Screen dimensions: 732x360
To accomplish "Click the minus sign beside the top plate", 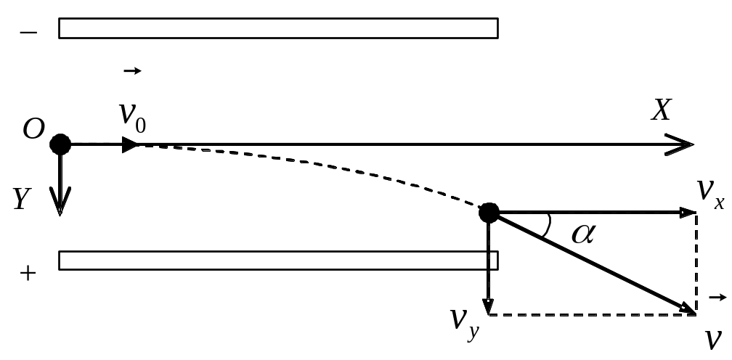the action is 28,33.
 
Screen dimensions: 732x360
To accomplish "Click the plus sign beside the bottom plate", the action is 28,273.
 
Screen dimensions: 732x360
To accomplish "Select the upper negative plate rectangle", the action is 278,28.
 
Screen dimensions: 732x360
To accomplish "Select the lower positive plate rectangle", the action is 278,261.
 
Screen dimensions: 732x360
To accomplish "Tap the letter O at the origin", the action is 33,128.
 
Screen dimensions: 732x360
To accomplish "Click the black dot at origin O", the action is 60,144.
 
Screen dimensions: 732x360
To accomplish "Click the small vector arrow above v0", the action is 132,71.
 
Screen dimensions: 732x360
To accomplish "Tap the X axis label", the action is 661,111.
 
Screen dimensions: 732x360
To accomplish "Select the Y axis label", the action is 21,199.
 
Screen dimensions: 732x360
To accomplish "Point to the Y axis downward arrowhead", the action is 60,202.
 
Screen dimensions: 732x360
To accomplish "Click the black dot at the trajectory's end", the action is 489,213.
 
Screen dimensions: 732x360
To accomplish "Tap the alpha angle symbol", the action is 584,233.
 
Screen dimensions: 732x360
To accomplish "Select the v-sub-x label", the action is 710,193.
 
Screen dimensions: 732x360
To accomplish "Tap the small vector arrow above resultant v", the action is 718,297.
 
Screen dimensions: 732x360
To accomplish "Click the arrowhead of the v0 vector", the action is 131,144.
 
